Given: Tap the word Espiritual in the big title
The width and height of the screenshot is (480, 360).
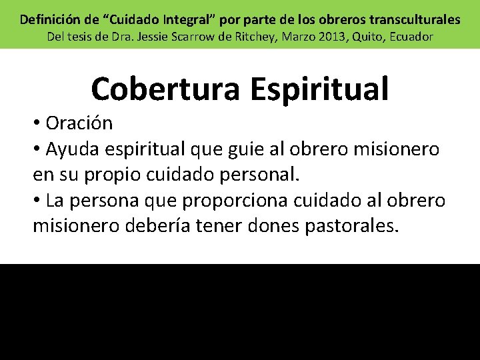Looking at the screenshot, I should [x=320, y=89].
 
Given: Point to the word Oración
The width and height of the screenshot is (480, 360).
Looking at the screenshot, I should [x=79, y=123].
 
